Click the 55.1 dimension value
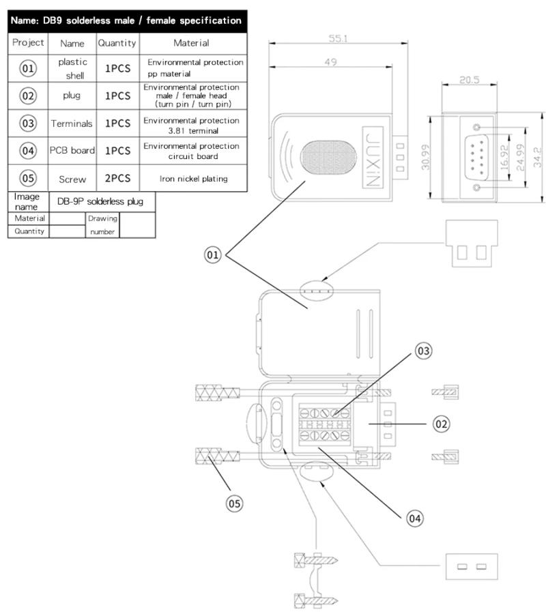coord(337,40)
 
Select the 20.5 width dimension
coord(470,80)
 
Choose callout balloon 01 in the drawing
coord(215,255)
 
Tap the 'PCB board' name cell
coord(72,151)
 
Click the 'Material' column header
coord(191,43)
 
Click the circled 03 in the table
coord(28,123)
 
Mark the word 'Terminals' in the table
coord(72,123)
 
